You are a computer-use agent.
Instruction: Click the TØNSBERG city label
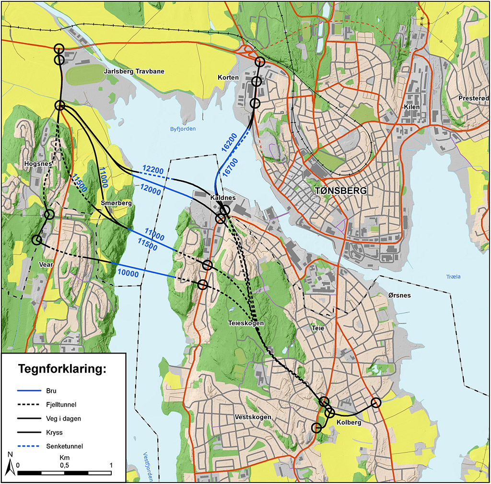[340, 191]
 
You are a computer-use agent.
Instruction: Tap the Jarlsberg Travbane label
[134, 71]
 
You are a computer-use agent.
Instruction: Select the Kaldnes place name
[223, 198]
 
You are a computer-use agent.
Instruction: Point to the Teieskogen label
[246, 323]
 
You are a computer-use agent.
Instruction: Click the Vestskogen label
[253, 417]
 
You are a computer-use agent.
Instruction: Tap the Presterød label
[473, 98]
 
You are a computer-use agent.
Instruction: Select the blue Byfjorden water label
[183, 129]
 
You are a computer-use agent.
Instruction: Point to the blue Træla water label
[453, 277]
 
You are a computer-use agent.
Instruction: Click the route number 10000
[128, 272]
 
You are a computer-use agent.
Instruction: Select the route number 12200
[153, 169]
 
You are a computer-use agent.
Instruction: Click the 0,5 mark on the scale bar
[64, 465]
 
